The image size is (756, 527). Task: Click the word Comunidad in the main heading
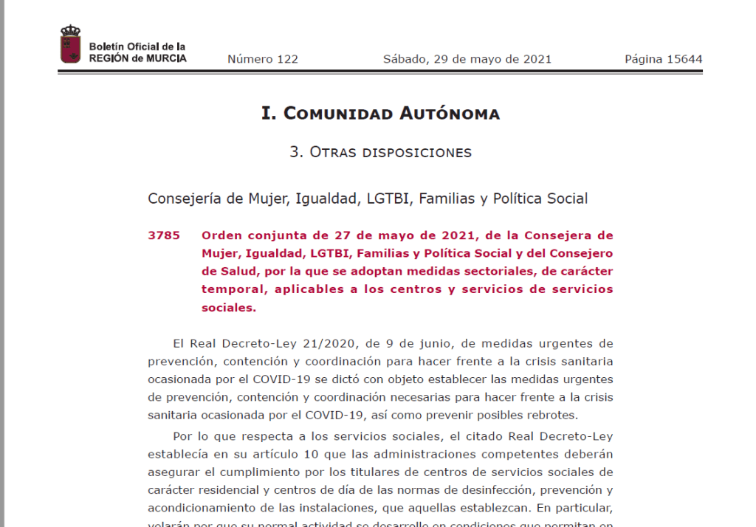click(x=338, y=114)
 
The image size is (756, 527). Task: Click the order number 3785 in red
click(x=164, y=235)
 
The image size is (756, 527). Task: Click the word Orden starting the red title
click(x=221, y=235)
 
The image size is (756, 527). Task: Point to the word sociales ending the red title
click(x=228, y=308)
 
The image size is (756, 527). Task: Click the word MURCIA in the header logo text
click(x=165, y=58)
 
